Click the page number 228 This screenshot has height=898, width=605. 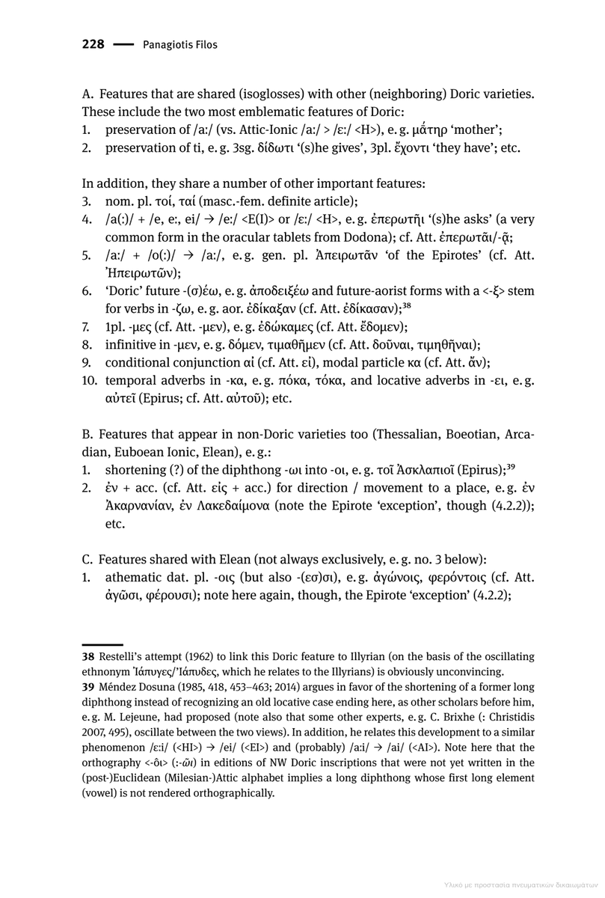[93, 45]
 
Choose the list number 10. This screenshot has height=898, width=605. [89, 381]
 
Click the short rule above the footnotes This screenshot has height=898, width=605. [102, 644]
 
